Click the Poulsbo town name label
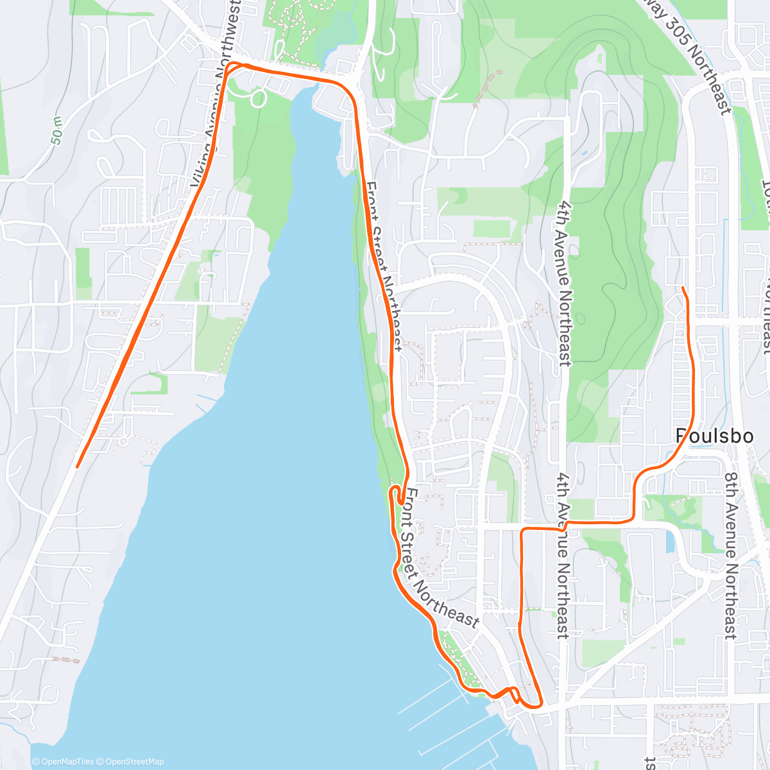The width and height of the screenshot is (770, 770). point(714,436)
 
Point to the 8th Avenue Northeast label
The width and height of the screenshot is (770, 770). point(731,555)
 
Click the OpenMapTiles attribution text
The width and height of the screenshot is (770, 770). point(67,762)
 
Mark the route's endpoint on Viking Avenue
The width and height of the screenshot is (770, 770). point(77,466)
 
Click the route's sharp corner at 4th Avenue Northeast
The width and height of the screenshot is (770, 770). point(522,530)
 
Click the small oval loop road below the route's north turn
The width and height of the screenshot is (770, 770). point(259,98)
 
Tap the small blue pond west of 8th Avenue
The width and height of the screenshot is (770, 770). point(671,543)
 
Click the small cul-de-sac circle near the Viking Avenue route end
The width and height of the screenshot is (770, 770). point(124,441)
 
